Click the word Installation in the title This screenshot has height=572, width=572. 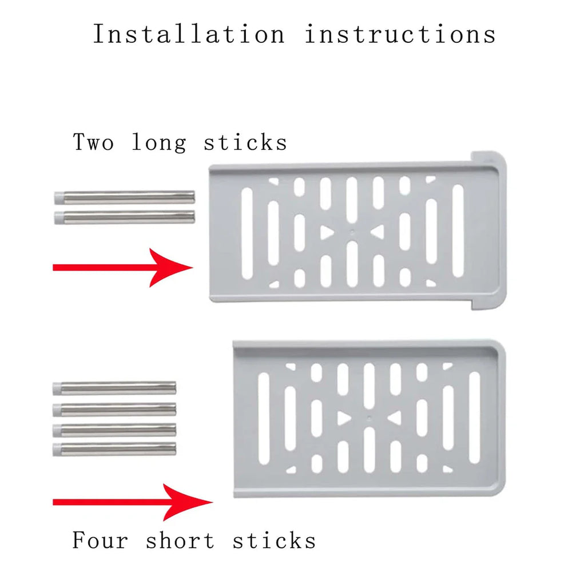coord(188,34)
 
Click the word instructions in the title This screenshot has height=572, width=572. coord(400,34)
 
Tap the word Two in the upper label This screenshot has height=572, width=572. coord(95,141)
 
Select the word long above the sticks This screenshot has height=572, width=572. coord(159,141)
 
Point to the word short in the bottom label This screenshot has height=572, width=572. coord(181,540)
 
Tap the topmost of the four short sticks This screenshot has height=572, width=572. coord(114,388)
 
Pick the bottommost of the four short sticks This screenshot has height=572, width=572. coord(114,447)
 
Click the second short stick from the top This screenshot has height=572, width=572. coord(114,409)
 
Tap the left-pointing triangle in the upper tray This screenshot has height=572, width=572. coord(378,232)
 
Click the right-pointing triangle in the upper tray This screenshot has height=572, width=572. coord(327,232)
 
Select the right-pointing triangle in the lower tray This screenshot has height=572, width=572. coord(343,419)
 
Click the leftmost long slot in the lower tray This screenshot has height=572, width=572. coord(264,418)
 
